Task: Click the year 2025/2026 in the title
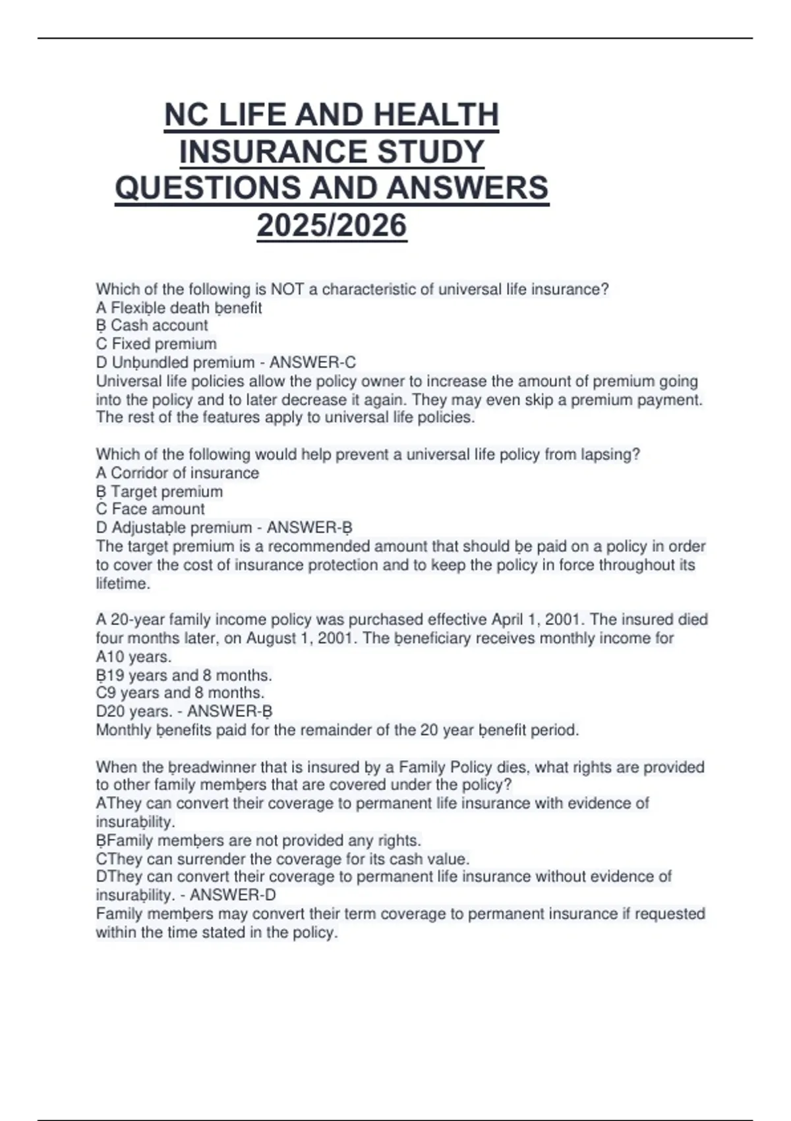pyautogui.click(x=332, y=226)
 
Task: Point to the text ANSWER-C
pyautogui.click(x=312, y=362)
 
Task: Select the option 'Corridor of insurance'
pyautogui.click(x=177, y=473)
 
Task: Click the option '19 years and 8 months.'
pyautogui.click(x=184, y=675)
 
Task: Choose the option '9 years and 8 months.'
pyautogui.click(x=180, y=693)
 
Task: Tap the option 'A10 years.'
pyautogui.click(x=134, y=657)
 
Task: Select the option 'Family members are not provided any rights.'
pyautogui.click(x=258, y=841)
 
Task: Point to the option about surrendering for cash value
pyautogui.click(x=282, y=859)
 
